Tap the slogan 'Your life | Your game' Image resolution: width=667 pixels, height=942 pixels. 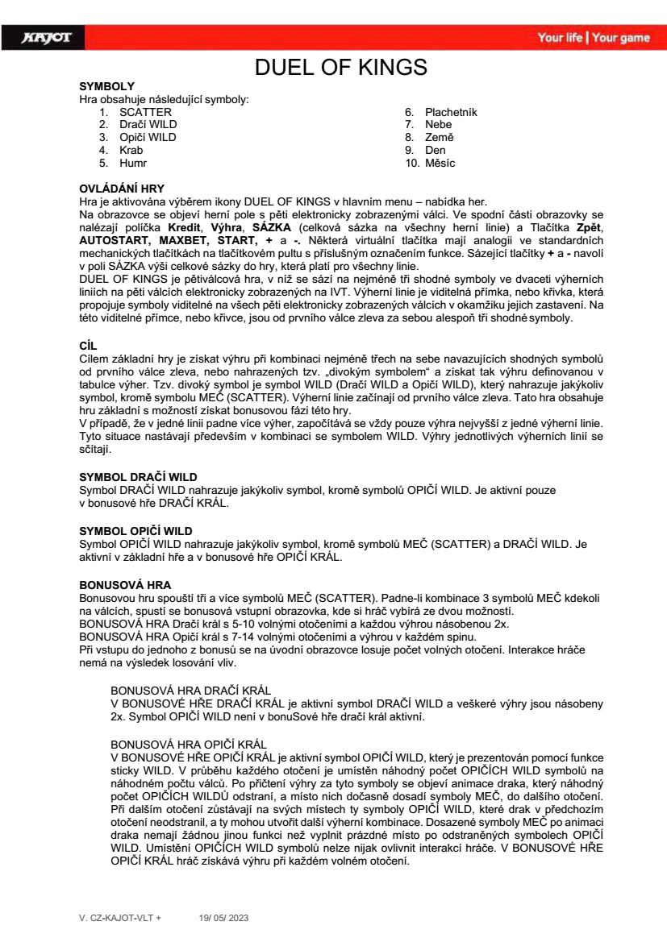pyautogui.click(x=593, y=38)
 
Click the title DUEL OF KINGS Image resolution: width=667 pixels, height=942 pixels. pyautogui.click(x=341, y=67)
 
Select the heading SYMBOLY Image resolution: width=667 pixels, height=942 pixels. pyautogui.click(x=106, y=85)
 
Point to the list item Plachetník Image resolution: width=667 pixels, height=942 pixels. pyautogui.click(x=451, y=112)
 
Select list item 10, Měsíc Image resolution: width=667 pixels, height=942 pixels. pyautogui.click(x=440, y=163)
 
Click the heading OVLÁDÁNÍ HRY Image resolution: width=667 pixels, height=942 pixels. pyautogui.click(x=122, y=189)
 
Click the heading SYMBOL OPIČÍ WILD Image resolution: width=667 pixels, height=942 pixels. pyautogui.click(x=135, y=530)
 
